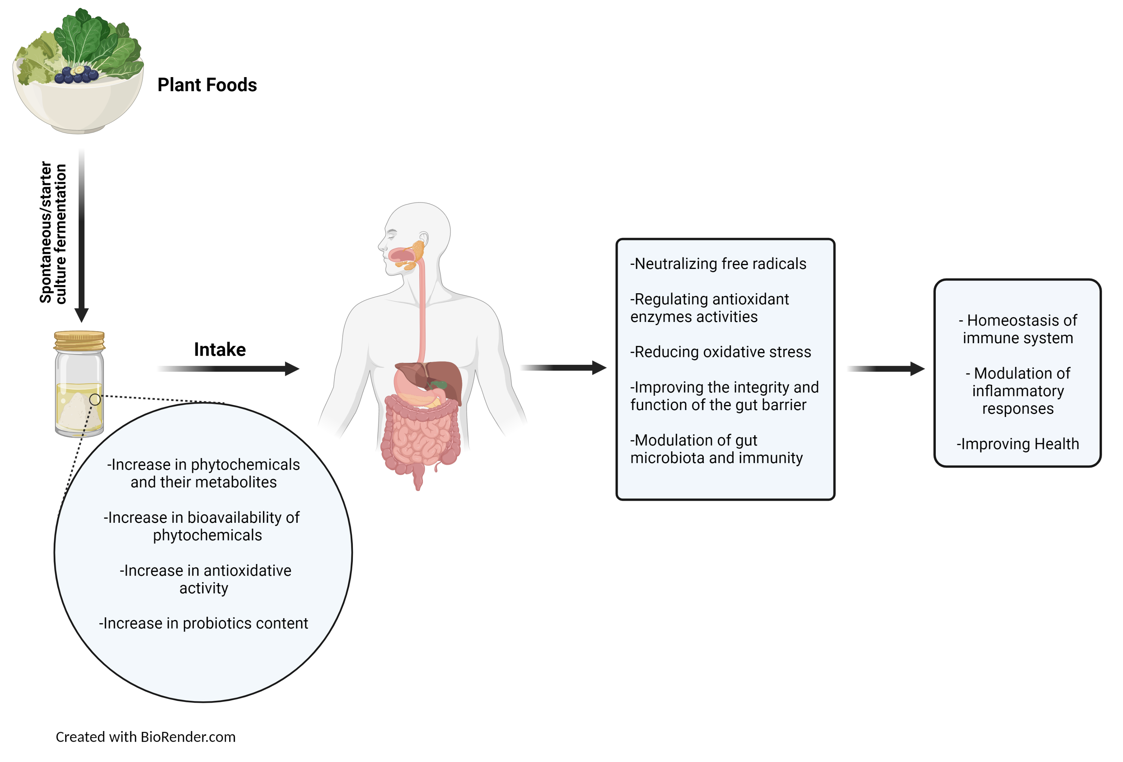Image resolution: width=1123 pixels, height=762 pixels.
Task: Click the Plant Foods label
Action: point(207,85)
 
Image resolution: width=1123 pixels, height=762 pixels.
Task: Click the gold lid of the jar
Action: point(79,340)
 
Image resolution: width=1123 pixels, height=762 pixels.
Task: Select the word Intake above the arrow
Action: point(220,349)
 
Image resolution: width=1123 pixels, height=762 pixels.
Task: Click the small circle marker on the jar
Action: point(95,399)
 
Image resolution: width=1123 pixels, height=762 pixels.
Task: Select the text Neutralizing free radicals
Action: point(718,264)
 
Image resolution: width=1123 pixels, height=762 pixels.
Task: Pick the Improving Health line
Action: point(1018,444)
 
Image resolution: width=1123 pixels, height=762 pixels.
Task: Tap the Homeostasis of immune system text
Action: point(1018,329)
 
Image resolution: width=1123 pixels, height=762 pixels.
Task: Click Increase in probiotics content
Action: point(203,624)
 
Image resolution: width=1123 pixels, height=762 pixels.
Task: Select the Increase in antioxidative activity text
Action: point(205,579)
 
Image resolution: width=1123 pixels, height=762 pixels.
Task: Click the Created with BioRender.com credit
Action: point(145,737)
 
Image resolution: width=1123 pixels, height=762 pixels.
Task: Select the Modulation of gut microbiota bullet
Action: point(716,449)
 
